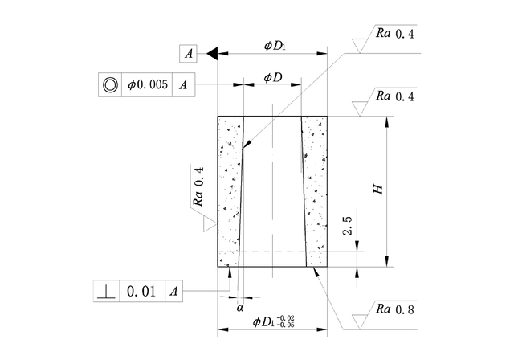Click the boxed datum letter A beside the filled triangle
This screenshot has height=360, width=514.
coord(188,54)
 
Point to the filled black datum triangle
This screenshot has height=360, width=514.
coord(212,54)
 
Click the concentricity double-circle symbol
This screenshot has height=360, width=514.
coord(109,84)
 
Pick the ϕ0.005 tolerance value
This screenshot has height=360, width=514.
coord(148,84)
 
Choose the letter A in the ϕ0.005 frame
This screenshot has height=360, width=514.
coord(185,84)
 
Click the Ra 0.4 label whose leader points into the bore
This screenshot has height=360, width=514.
coord(394,34)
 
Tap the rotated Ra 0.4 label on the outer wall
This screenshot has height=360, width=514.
coord(199,186)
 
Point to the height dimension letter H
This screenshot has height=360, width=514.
coord(376,190)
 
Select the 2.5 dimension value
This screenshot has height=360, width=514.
coord(347,226)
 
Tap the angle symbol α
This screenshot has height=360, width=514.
coord(239,306)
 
